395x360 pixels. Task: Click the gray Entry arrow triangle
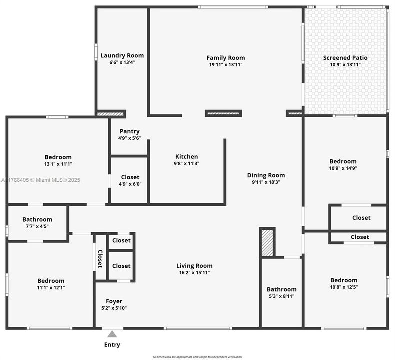click(112, 334)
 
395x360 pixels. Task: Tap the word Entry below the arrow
click(112, 345)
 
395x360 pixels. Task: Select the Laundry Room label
click(122, 55)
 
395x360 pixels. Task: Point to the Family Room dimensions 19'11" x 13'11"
click(226, 64)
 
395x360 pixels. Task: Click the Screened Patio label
click(345, 58)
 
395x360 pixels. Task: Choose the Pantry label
click(129, 131)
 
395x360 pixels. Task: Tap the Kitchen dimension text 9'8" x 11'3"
click(186, 163)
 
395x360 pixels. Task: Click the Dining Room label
click(266, 175)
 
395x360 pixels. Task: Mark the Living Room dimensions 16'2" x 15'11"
click(194, 272)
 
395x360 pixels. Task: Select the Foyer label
click(114, 301)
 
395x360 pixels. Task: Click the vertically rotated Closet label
click(100, 259)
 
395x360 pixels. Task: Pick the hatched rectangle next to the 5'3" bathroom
click(267, 243)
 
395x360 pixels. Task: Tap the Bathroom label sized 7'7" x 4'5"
click(37, 219)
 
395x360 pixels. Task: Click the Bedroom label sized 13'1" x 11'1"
click(58, 157)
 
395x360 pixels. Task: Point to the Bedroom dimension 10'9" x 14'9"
click(343, 168)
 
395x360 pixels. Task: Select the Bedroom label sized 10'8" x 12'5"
click(344, 280)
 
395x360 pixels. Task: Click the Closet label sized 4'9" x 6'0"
click(130, 177)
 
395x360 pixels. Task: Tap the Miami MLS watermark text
click(41, 180)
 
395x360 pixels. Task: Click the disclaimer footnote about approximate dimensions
click(197, 357)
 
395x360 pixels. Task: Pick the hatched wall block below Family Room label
click(223, 113)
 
